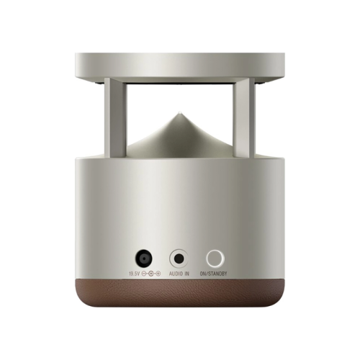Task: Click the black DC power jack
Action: pos(144,259)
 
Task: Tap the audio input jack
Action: pos(179,259)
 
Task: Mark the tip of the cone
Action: pos(179,112)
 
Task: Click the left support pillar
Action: pos(114,117)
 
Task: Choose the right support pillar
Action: pos(244,117)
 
